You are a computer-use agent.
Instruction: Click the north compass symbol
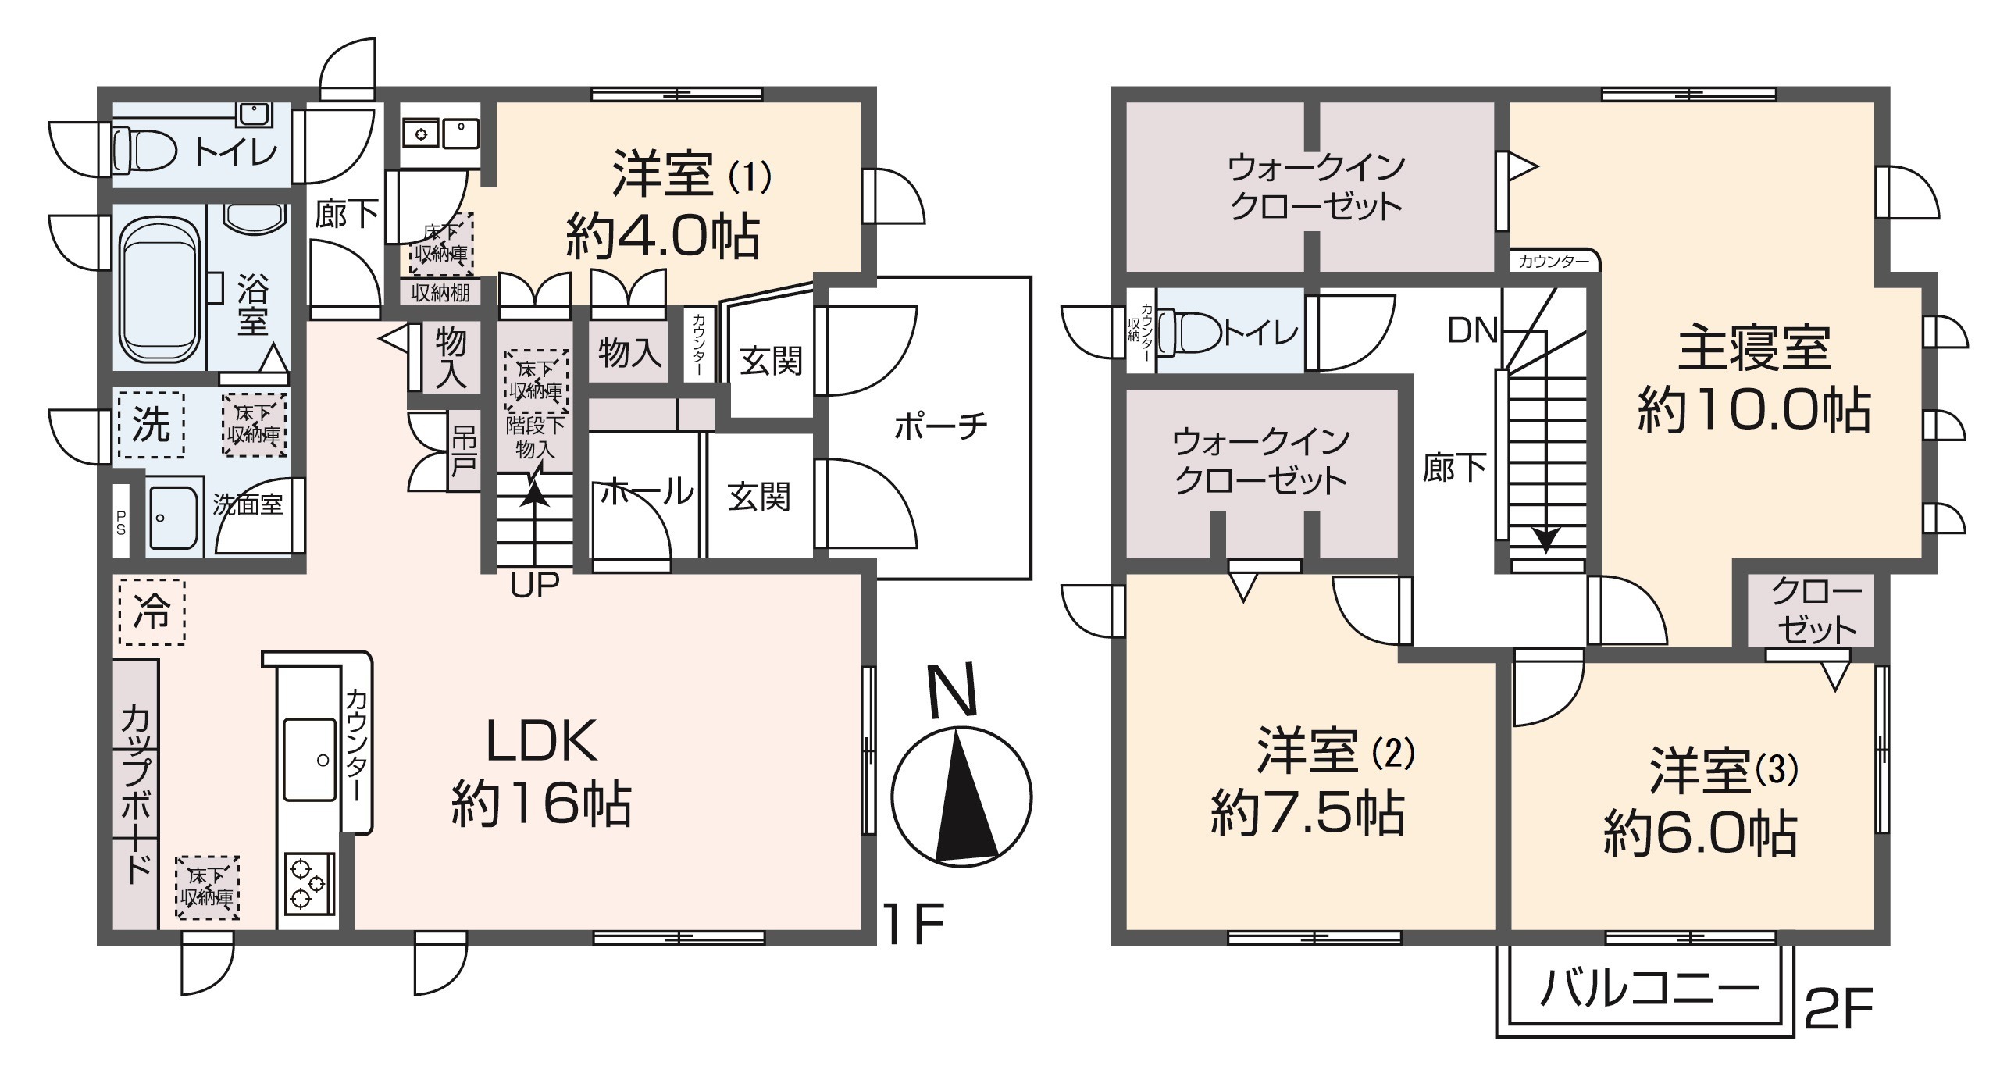pyautogui.click(x=961, y=797)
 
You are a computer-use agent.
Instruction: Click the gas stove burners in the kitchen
pyautogui.click(x=307, y=884)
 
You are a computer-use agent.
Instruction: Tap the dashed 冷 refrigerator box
pyautogui.click(x=152, y=611)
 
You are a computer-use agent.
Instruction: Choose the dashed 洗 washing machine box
pyautogui.click(x=152, y=425)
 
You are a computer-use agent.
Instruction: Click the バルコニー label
pyautogui.click(x=1648, y=989)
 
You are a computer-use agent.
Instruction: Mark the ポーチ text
pyautogui.click(x=940, y=426)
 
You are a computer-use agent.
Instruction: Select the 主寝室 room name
pyautogui.click(x=1754, y=349)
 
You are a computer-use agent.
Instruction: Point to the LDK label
pyautogui.click(x=541, y=740)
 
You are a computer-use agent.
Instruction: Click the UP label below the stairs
pyautogui.click(x=535, y=585)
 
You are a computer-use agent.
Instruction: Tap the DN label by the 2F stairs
pyautogui.click(x=1472, y=330)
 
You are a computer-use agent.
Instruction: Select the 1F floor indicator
pyautogui.click(x=913, y=924)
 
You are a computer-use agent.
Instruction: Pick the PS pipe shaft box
pyautogui.click(x=121, y=522)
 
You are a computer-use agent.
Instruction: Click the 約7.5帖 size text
pyautogui.click(x=1307, y=814)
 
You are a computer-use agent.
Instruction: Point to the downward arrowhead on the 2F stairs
pyautogui.click(x=1545, y=539)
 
